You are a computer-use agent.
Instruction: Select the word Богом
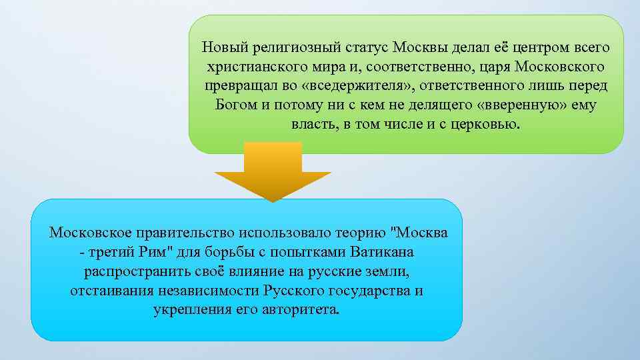click(235, 105)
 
